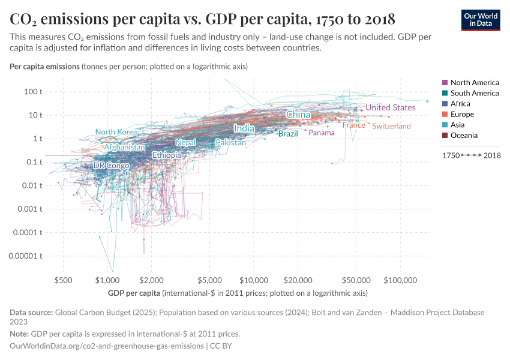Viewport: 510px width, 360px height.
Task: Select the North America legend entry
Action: [474, 82]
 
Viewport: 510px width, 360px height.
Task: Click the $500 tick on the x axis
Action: [63, 280]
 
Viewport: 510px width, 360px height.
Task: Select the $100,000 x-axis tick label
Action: [400, 280]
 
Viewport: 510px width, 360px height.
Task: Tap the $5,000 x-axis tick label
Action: [210, 280]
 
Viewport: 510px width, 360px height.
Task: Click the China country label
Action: [298, 115]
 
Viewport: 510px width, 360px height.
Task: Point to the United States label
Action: [391, 107]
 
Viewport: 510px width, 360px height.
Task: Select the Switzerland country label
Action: [391, 126]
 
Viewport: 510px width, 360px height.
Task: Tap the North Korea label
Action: [116, 132]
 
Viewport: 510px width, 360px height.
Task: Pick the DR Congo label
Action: [111, 166]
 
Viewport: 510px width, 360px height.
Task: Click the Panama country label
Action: [322, 133]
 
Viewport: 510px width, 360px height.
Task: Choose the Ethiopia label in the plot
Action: [167, 155]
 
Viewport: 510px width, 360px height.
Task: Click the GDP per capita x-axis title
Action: [134, 293]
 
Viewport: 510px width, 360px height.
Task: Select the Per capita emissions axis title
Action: [45, 66]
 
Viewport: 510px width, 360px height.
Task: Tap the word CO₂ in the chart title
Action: [25, 18]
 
